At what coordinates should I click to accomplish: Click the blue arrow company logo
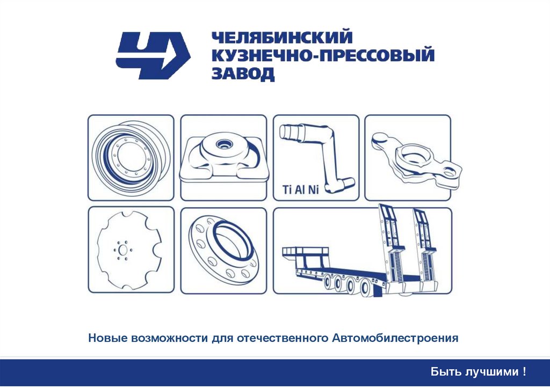tap(153, 55)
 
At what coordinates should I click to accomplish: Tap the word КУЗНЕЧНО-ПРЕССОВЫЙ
tap(323, 56)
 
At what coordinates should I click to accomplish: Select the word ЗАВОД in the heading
tap(243, 74)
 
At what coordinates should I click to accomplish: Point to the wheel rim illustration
tap(131, 158)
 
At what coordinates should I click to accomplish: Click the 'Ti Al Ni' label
tap(301, 190)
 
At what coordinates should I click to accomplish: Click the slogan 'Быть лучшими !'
tap(479, 371)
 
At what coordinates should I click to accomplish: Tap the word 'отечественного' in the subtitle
tap(283, 339)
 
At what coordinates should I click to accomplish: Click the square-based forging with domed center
tap(224, 158)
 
